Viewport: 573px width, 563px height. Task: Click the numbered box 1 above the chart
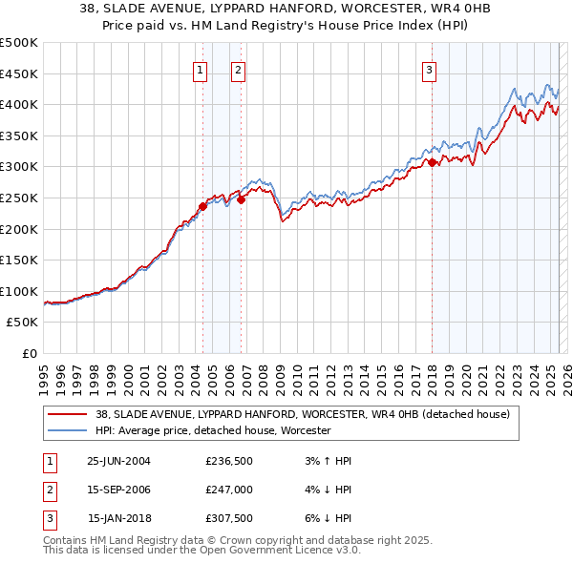(x=201, y=69)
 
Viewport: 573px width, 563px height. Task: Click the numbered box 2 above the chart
(x=238, y=69)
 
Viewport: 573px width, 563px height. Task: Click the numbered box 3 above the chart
(x=430, y=69)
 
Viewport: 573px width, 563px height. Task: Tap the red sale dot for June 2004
(x=203, y=206)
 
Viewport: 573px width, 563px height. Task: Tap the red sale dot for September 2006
(x=242, y=199)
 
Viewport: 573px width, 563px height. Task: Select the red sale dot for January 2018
(x=432, y=162)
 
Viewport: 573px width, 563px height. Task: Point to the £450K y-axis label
(x=19, y=73)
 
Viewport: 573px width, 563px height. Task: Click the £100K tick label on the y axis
(x=19, y=291)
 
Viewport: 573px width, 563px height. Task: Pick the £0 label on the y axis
(x=29, y=353)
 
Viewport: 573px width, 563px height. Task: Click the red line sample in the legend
(x=68, y=414)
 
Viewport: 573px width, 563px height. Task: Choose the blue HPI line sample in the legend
(x=68, y=430)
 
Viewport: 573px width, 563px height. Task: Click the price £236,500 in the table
(x=228, y=461)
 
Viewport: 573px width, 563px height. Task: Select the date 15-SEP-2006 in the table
(x=118, y=491)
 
